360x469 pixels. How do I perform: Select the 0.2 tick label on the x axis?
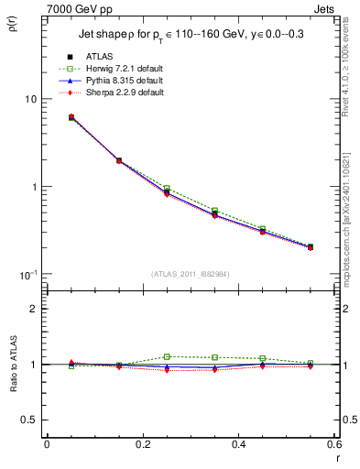coord(142,444)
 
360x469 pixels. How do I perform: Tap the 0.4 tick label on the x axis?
coord(238,444)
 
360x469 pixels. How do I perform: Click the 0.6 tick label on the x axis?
coord(333,444)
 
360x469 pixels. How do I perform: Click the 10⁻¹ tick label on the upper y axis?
coord(27,275)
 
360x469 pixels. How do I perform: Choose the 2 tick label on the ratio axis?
coord(33,309)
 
